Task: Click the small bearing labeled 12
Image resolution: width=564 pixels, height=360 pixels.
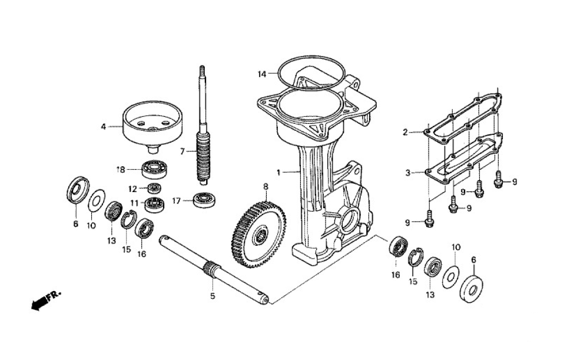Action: (x=155, y=189)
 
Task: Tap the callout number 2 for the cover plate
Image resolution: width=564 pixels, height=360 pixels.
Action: (x=405, y=132)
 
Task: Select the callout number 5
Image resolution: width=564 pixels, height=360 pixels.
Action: (x=213, y=296)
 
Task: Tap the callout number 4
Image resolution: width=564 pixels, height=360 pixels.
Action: (x=104, y=125)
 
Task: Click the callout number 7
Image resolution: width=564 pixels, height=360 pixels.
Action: (x=183, y=151)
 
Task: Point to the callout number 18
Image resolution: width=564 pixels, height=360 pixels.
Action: (x=120, y=169)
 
